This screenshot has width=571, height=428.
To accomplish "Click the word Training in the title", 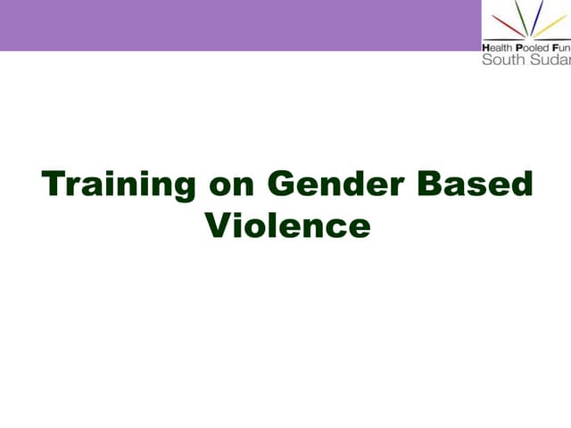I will coord(119,185).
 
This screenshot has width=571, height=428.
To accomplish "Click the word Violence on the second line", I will coord(287,225).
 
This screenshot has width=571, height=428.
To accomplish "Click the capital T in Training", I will coord(54,185).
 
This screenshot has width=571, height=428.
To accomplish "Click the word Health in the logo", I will coord(498,46).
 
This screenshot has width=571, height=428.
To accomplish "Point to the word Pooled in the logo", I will coord(534,46).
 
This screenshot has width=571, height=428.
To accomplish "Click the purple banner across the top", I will coord(241,25).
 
